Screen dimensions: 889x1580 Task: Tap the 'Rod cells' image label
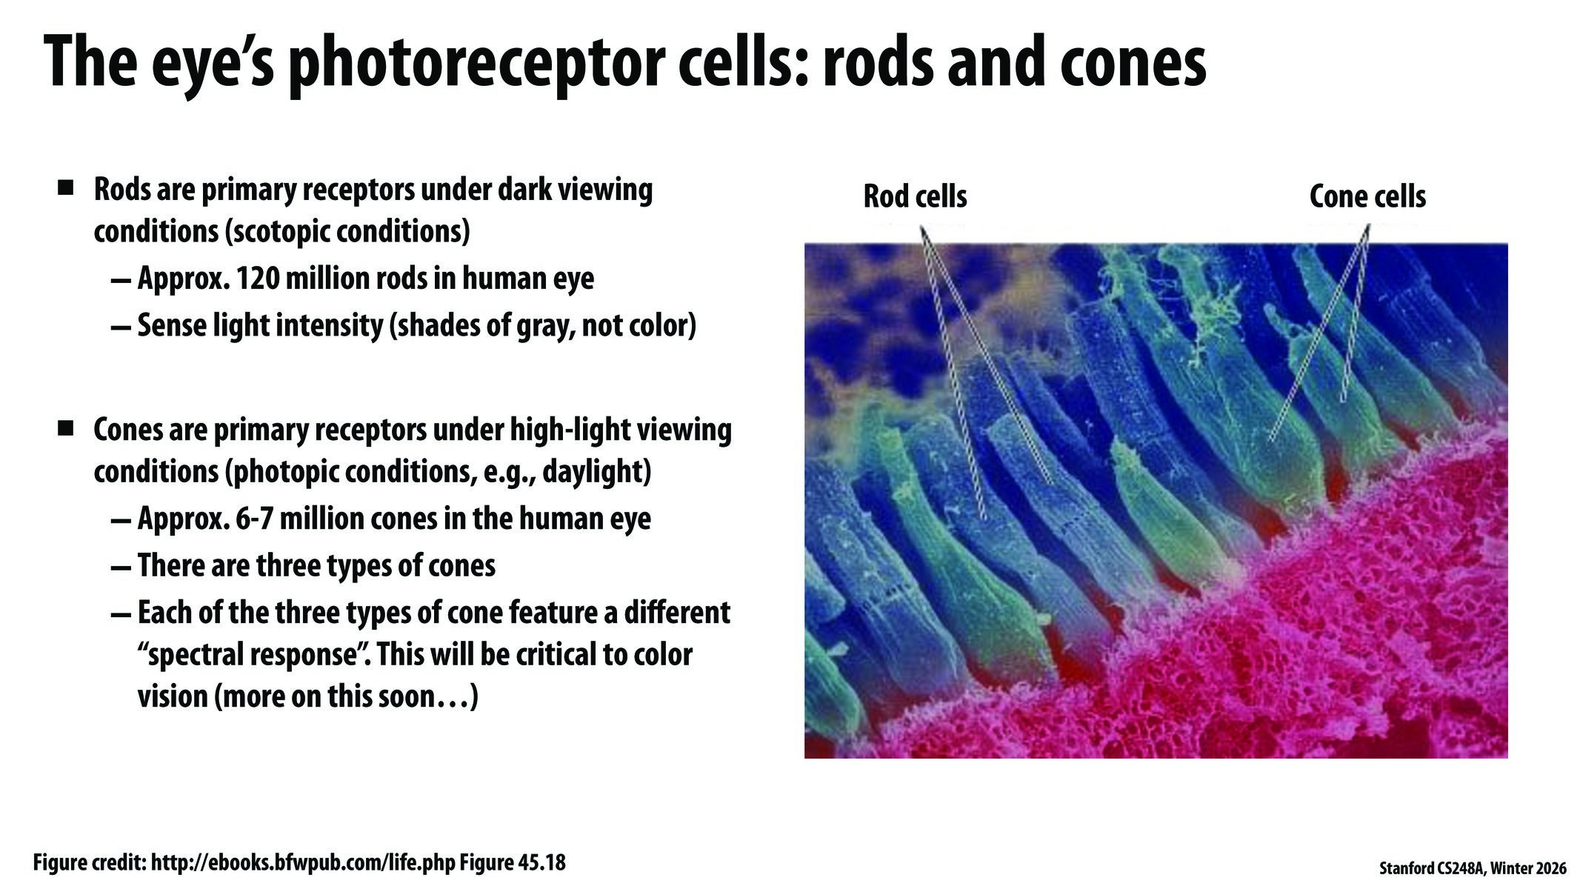(x=915, y=197)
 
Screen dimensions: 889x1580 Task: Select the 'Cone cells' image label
(x=1367, y=197)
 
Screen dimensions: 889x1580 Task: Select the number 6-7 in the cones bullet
(x=255, y=519)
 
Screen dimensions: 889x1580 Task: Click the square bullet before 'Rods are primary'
(x=66, y=187)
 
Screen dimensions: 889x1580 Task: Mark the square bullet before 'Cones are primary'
(x=66, y=427)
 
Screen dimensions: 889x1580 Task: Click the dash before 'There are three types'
(x=120, y=567)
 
